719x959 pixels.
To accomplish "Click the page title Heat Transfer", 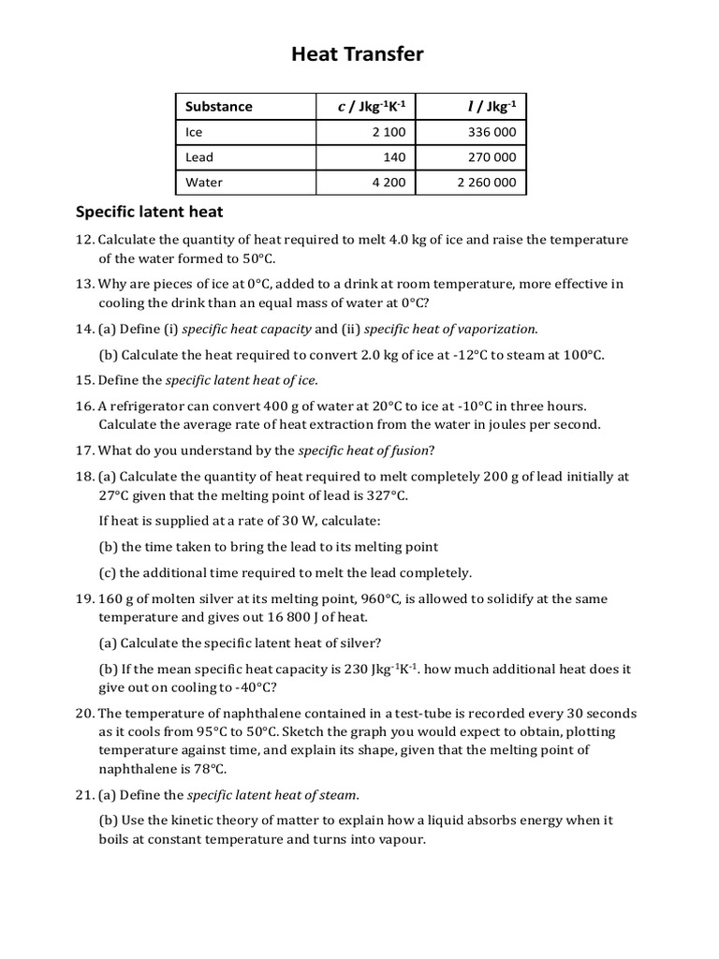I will (x=358, y=55).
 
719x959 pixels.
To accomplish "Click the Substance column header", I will (x=219, y=107).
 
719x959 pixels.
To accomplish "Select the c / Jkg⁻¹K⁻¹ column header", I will (x=372, y=107).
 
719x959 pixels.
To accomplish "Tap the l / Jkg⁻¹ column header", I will (x=492, y=107).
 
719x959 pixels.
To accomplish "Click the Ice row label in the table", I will (x=194, y=132).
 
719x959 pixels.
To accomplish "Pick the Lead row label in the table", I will (x=199, y=157).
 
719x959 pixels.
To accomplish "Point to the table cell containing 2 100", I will (x=388, y=132).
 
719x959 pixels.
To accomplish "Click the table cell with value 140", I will (x=394, y=157).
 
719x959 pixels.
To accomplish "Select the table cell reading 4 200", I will (x=388, y=183).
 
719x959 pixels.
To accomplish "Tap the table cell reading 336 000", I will (x=492, y=132).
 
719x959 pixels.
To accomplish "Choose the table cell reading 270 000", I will (x=492, y=157).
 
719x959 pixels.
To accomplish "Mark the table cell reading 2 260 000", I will (x=486, y=183).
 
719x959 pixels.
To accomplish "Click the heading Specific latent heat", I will (x=149, y=213).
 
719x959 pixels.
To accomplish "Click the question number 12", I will (x=84, y=240).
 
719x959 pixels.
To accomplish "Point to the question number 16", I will (x=84, y=406).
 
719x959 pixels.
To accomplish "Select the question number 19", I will (x=84, y=598).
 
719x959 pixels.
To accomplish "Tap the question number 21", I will (x=84, y=795).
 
